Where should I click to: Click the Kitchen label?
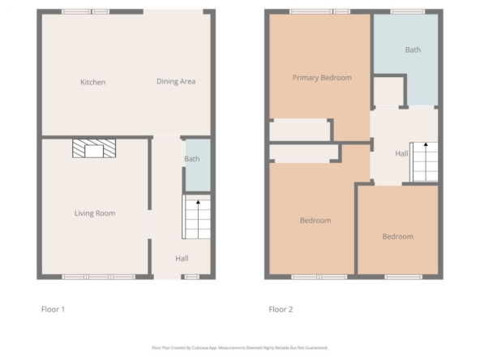(92, 82)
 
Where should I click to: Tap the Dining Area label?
(176, 81)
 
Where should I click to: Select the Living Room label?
(95, 213)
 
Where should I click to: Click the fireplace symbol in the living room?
(94, 148)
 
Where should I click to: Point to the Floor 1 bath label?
(192, 159)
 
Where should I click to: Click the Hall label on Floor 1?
(182, 259)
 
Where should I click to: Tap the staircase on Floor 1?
(196, 216)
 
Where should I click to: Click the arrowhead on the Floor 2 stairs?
(426, 144)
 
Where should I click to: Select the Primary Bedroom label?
(322, 78)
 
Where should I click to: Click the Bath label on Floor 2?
(413, 50)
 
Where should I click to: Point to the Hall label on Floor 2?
(401, 154)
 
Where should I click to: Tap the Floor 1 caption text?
(53, 310)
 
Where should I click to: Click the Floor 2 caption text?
(281, 310)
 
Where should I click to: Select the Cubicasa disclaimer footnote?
(240, 348)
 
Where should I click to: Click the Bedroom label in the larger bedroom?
(315, 221)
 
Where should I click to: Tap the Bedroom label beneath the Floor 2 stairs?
(398, 237)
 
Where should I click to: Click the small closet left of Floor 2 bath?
(388, 92)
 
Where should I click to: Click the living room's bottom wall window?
(99, 277)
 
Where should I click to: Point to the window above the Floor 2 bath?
(408, 11)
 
